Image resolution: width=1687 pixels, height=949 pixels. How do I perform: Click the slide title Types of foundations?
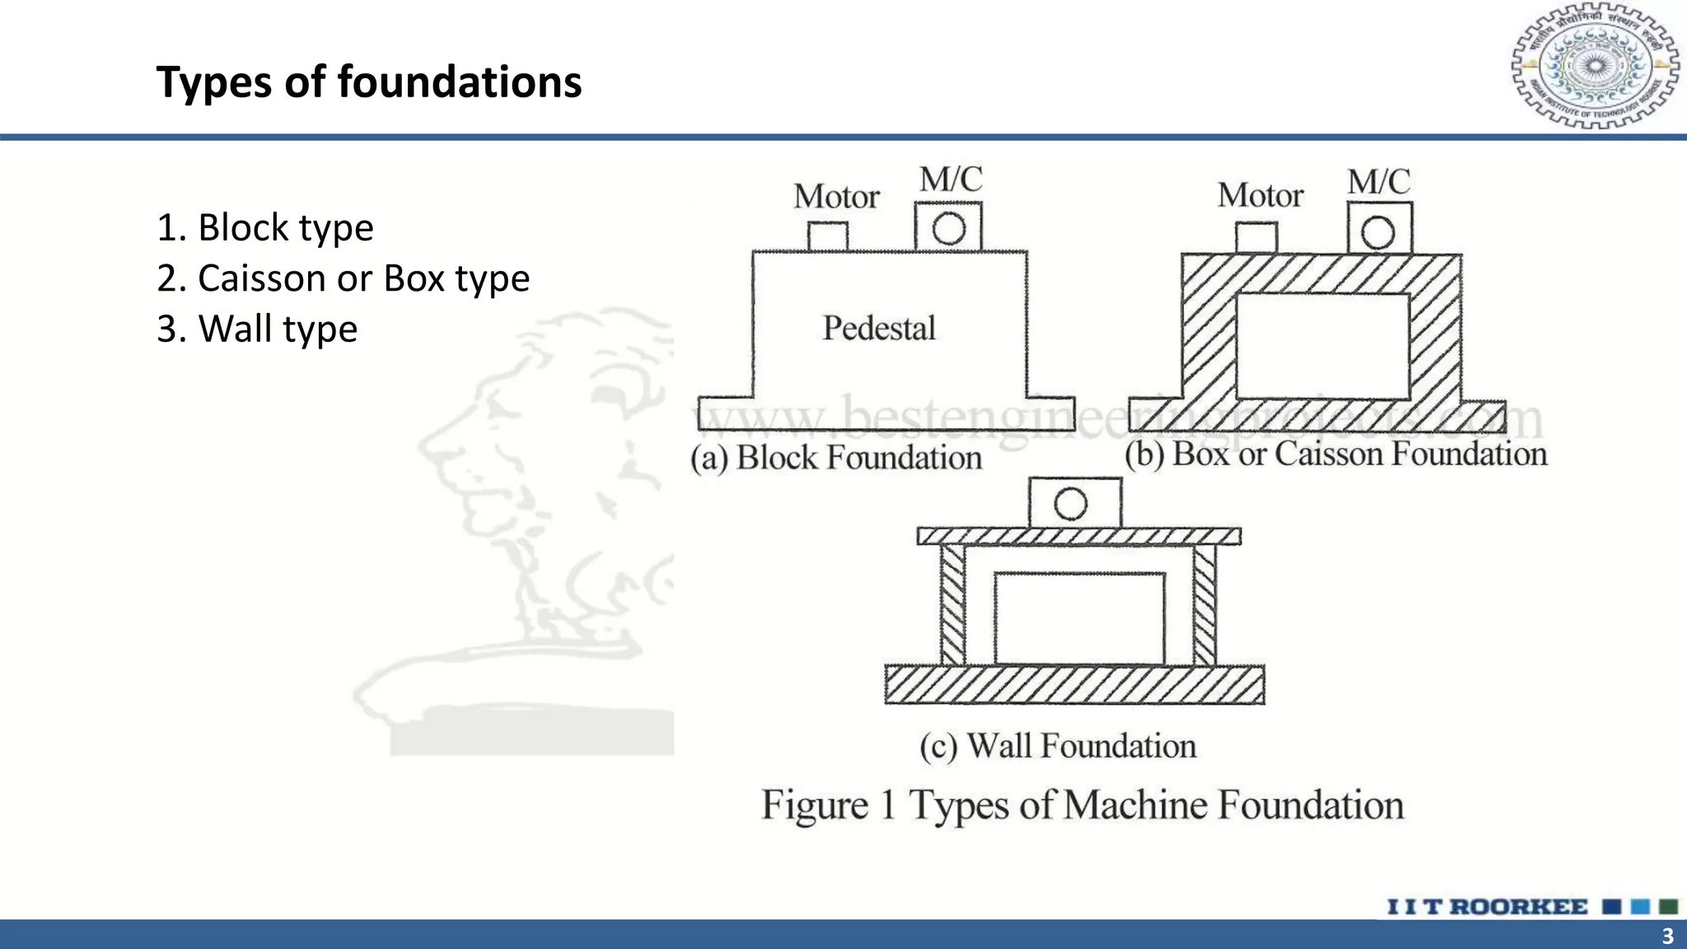368,82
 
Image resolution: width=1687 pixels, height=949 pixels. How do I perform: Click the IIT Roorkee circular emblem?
1595,66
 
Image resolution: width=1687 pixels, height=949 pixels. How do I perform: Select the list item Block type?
264,227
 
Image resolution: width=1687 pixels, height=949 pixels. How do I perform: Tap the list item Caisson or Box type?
343,278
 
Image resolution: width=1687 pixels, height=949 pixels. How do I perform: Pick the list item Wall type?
257,329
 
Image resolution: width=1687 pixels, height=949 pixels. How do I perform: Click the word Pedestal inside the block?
879,328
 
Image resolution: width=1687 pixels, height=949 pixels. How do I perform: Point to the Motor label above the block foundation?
836,197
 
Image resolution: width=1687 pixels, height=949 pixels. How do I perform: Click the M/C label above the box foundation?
1378,182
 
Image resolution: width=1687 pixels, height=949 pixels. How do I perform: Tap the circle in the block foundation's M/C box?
949,228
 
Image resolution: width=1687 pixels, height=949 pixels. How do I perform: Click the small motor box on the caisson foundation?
1256,238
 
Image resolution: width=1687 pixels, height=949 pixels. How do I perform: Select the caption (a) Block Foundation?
836,458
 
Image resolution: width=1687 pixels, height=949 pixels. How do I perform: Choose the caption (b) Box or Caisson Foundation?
1335,455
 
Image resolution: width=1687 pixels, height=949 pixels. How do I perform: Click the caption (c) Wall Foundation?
1058,746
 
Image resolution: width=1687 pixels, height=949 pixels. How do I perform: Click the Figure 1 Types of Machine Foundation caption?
1082,806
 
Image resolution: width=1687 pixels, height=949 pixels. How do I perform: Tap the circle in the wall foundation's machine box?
1070,503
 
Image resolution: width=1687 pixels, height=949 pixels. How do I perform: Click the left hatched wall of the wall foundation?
952,605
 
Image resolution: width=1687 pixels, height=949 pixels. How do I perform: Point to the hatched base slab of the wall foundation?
1074,685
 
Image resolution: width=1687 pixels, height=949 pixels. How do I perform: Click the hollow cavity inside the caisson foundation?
1322,346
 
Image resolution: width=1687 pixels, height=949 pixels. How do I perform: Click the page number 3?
1667,936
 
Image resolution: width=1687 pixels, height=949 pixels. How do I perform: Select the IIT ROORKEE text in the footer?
1487,907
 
